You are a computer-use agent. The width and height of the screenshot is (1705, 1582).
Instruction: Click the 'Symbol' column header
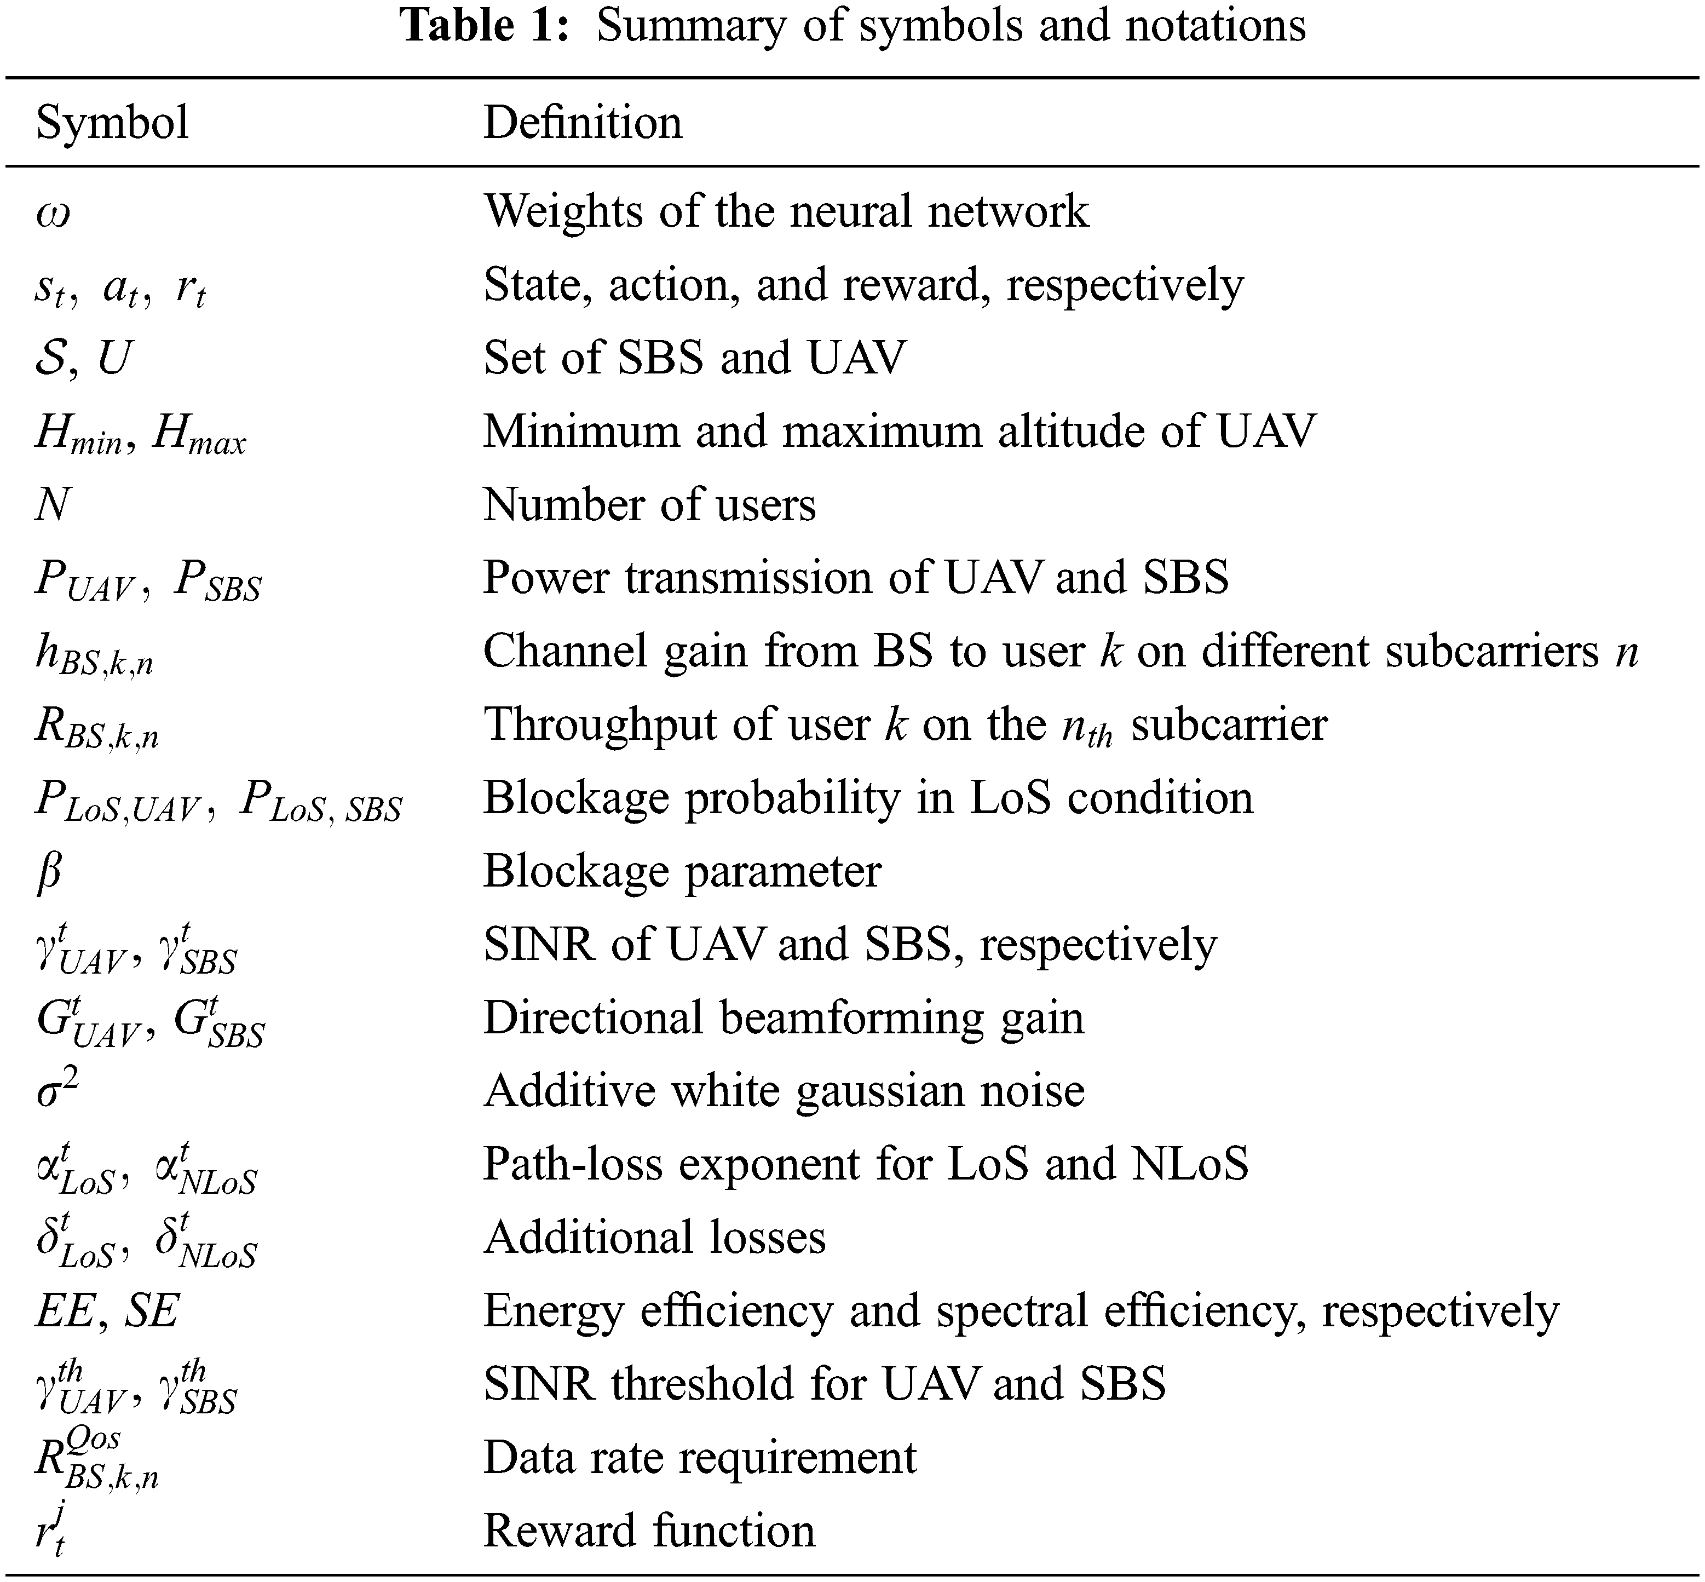(112, 123)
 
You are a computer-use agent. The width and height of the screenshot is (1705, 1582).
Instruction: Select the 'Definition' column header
(583, 123)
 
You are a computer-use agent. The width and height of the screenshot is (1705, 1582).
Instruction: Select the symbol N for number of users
(52, 505)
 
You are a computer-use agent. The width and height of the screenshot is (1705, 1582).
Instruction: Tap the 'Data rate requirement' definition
(699, 1458)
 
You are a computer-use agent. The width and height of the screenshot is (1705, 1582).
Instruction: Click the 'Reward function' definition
(649, 1532)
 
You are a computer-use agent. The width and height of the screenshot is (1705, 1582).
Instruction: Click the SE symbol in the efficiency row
(152, 1310)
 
